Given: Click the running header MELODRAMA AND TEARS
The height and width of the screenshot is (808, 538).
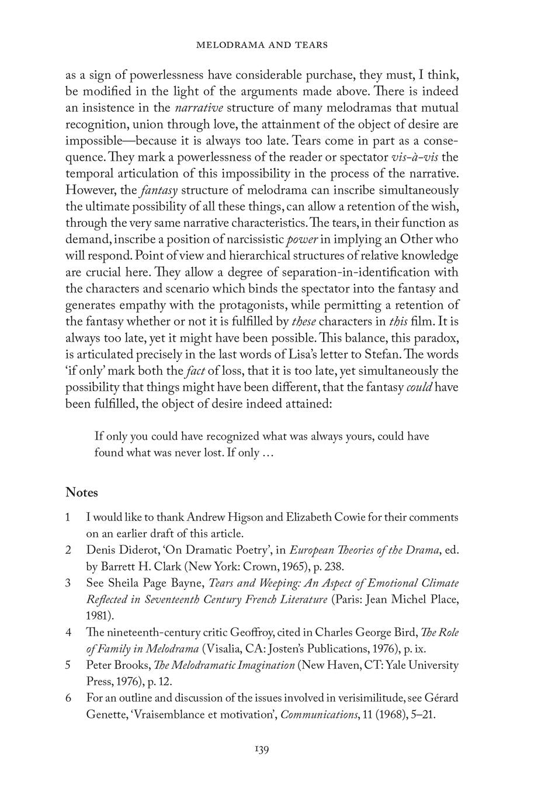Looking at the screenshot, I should [x=262, y=44].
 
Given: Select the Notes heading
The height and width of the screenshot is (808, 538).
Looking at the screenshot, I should [x=82, y=492].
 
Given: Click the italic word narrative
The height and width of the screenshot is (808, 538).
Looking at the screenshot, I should [x=200, y=108].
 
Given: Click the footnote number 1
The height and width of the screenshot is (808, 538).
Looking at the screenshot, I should [x=68, y=517].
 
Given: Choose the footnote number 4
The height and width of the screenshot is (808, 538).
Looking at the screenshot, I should [x=68, y=632].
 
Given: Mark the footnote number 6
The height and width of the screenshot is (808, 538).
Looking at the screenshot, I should [x=68, y=697].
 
